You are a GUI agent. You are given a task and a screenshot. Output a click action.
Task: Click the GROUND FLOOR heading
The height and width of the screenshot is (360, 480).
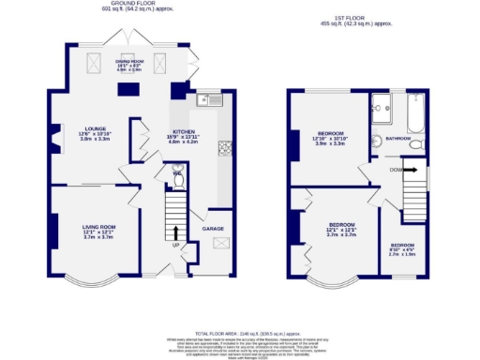coord(135,5)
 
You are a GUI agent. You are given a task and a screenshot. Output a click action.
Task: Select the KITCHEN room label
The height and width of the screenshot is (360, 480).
coord(181,132)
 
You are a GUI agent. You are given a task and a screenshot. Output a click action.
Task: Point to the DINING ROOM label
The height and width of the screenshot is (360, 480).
coord(129,61)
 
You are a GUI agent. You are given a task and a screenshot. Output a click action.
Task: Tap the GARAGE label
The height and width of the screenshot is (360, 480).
coord(214,229)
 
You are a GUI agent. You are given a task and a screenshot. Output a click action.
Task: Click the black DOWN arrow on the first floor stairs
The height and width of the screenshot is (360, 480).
coord(409,171)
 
